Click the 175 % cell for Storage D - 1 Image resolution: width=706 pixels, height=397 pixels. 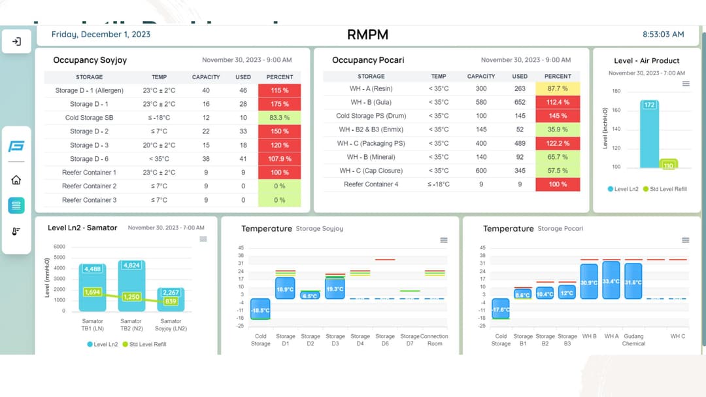click(x=279, y=104)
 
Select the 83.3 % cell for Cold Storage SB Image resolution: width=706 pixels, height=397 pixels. click(x=279, y=118)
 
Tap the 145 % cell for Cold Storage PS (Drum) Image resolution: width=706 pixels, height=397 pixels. click(x=558, y=116)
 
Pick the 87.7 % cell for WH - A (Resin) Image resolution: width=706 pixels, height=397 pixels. click(x=558, y=88)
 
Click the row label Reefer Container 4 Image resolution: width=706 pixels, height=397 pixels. click(x=371, y=184)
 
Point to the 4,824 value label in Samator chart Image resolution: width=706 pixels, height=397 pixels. click(x=131, y=266)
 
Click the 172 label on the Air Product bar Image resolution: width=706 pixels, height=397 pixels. click(x=648, y=105)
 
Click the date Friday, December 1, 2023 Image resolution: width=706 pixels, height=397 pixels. click(x=101, y=34)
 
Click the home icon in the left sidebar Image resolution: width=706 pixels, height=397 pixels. click(x=16, y=180)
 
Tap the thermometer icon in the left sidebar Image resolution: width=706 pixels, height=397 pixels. click(x=16, y=232)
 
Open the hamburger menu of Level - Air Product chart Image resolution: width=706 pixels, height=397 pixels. click(x=686, y=84)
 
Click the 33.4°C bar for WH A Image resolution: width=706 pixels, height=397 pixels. click(x=611, y=281)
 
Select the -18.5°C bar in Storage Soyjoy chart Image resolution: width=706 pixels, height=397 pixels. click(x=260, y=310)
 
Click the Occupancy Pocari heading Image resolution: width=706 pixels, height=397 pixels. click(x=368, y=60)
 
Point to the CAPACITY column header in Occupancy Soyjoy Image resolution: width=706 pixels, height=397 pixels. click(x=206, y=77)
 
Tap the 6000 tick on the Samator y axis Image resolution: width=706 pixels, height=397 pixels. click(x=59, y=247)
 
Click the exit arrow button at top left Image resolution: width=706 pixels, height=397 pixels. click(x=16, y=42)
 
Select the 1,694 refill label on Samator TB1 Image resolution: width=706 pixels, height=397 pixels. click(x=92, y=292)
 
